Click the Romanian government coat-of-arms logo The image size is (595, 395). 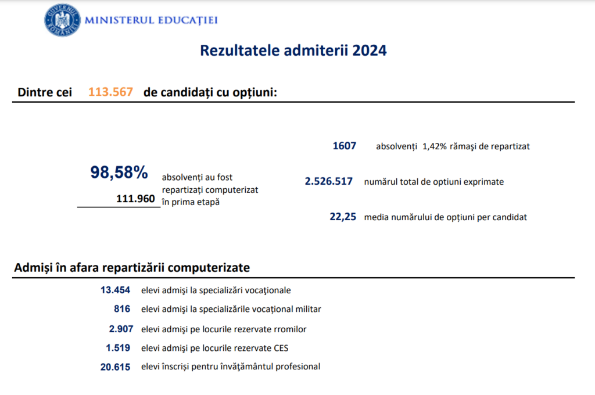[62, 20]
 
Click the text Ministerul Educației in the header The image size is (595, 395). [151, 20]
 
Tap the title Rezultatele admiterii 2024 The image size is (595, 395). [293, 51]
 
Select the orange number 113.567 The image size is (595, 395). [110, 92]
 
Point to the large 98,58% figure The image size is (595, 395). [119, 172]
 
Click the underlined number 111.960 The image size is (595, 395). [135, 199]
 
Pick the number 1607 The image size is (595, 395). [344, 146]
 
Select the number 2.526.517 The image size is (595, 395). [329, 181]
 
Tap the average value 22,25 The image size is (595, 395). [342, 217]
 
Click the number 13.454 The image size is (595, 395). [115, 290]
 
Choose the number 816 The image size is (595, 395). [122, 309]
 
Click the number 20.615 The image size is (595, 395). [115, 367]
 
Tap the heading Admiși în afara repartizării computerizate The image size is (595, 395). [132, 268]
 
